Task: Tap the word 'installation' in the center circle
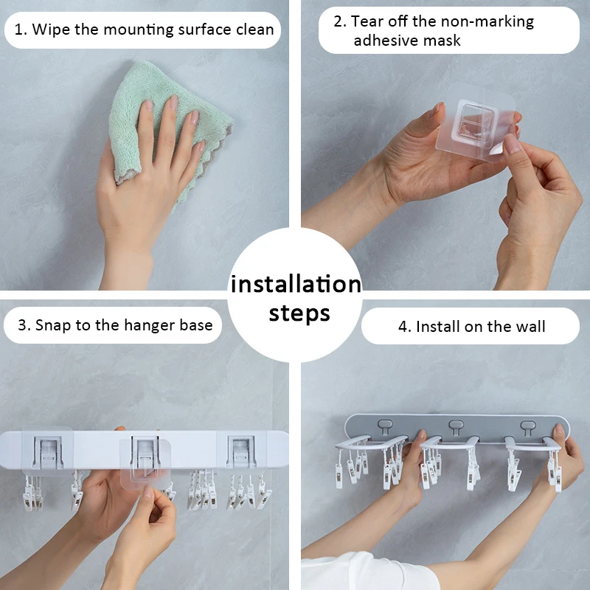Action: (x=295, y=284)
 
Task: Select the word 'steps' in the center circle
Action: (x=299, y=313)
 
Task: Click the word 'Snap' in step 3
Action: (x=52, y=325)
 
